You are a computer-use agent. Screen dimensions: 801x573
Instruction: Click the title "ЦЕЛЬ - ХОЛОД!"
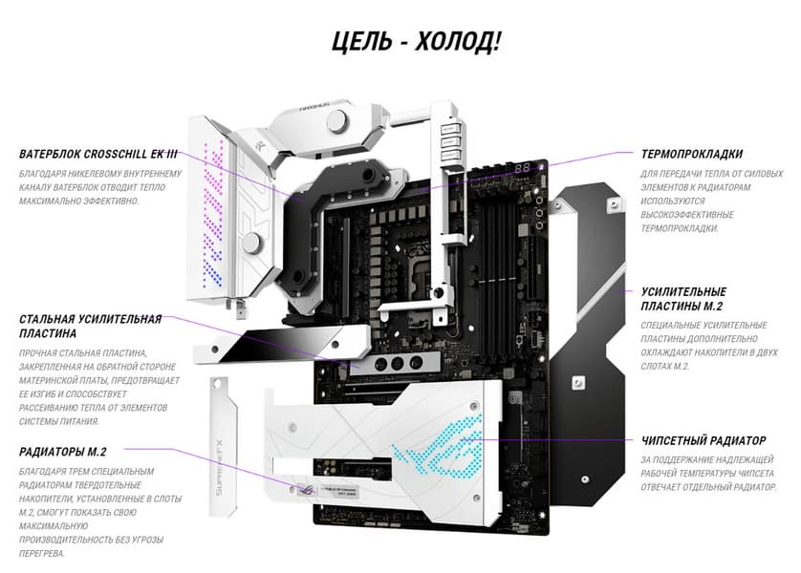[x=416, y=42]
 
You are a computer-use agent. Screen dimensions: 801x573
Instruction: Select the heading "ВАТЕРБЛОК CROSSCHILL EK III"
[x=98, y=154]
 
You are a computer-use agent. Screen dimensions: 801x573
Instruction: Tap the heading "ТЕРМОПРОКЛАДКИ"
[x=692, y=154]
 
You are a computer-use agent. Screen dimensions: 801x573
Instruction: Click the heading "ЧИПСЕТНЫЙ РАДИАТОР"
[x=704, y=440]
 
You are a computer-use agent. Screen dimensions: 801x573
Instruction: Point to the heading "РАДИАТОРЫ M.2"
[x=63, y=452]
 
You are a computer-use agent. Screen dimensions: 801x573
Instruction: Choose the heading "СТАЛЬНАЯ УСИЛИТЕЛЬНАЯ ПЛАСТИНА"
[x=91, y=327]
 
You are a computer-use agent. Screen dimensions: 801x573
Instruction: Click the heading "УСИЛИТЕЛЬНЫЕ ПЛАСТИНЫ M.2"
[x=683, y=299]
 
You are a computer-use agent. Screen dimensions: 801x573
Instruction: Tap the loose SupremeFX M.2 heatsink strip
[x=224, y=445]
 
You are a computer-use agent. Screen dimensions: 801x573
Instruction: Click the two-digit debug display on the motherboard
[x=522, y=168]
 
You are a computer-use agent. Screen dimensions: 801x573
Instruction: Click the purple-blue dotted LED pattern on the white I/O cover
[x=212, y=213]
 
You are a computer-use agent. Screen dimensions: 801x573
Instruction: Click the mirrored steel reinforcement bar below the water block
[x=281, y=345]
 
